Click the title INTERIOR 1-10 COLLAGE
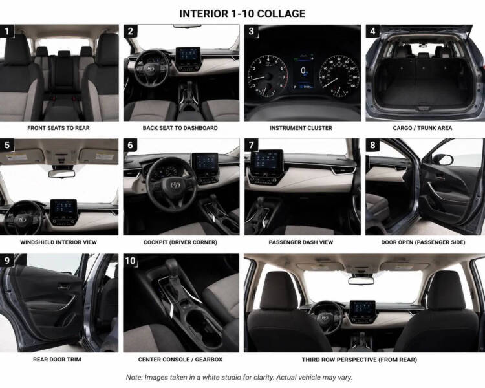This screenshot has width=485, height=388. point(242,14)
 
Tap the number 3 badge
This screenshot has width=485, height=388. point(251,31)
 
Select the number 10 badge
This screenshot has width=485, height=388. point(130,261)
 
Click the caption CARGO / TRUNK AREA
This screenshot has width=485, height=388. point(422,128)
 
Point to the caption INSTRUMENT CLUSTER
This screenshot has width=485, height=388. point(301,128)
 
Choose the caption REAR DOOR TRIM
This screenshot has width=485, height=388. point(57,360)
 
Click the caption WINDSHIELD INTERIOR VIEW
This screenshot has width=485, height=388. point(58,242)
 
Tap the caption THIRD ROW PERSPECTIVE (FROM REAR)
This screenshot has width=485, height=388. point(360,360)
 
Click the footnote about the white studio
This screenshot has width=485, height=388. point(239,378)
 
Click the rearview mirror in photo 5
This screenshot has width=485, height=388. point(62,173)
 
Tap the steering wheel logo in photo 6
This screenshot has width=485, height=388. point(175,185)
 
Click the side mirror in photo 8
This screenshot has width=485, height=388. point(443,159)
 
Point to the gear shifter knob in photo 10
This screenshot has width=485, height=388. point(172,266)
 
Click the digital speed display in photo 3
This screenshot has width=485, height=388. point(303,71)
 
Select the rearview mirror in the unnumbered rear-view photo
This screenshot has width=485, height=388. point(361,281)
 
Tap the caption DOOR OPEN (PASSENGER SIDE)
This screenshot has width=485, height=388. point(423,242)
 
